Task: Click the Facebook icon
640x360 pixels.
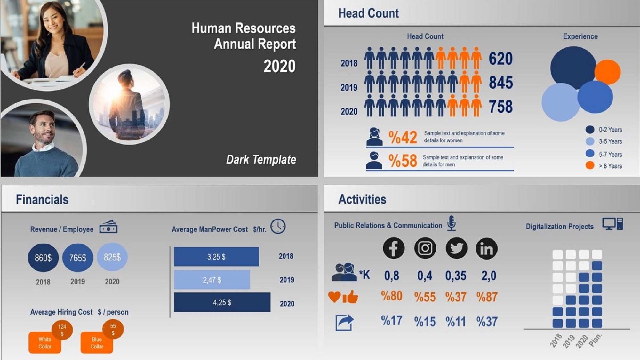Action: [393, 248]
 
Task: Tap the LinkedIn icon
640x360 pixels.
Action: [486, 248]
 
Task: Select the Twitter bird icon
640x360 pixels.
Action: [456, 248]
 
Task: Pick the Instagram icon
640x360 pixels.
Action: [425, 248]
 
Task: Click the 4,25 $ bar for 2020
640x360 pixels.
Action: [222, 302]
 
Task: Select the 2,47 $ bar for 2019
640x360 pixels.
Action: [212, 280]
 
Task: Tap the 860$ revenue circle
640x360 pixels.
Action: [43, 258]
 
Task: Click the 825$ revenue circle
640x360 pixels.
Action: [112, 257]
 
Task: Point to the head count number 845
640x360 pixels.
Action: [501, 83]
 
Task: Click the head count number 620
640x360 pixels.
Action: [500, 59]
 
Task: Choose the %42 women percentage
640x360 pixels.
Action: [403, 137]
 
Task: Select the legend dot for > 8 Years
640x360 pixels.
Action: [590, 165]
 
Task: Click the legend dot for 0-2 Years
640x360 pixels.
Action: [590, 129]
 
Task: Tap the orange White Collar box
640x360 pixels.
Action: [44, 343]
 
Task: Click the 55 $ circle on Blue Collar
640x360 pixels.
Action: [113, 329]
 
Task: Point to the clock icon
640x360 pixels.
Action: [278, 226]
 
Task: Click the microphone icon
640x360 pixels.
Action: [452, 223]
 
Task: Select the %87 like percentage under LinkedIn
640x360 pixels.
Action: [487, 297]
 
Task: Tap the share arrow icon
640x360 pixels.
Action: [344, 322]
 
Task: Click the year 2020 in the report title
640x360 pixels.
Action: [279, 66]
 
